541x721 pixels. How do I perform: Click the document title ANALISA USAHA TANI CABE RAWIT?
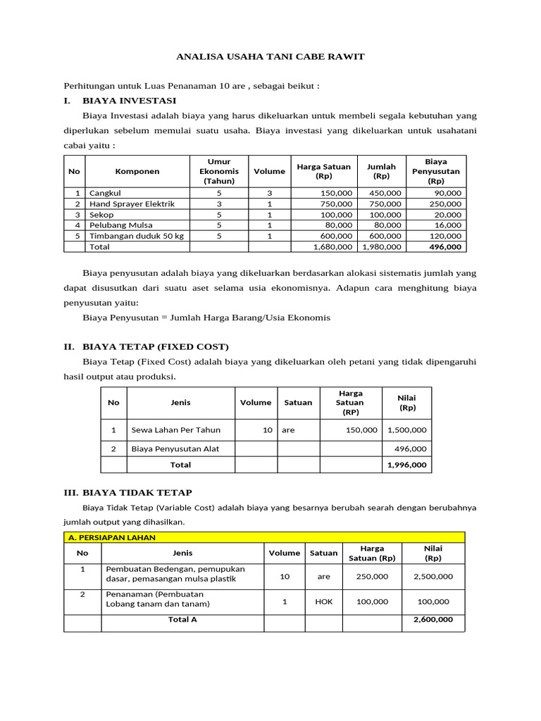(x=270, y=56)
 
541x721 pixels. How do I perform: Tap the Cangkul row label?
(x=104, y=192)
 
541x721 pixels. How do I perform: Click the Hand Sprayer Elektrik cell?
(x=132, y=203)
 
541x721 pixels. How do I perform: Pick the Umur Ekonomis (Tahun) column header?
(x=219, y=171)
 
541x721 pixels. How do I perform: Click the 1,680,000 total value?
(x=332, y=247)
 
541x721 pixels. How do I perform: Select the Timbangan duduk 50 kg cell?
(x=136, y=236)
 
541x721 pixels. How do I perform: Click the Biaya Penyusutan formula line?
(x=206, y=318)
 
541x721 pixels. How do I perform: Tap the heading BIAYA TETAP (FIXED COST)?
(x=155, y=347)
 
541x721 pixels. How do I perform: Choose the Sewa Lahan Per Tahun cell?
(x=175, y=430)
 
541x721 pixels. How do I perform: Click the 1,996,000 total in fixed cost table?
(x=406, y=465)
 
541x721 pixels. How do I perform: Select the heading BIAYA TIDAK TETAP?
(x=137, y=492)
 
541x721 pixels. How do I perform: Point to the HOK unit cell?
(x=324, y=602)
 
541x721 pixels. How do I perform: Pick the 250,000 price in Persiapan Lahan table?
(x=372, y=576)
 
